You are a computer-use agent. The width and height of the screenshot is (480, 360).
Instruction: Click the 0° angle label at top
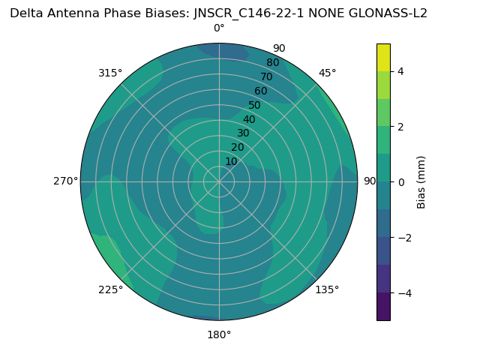(219, 28)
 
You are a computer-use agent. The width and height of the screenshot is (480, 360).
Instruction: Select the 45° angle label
(328, 73)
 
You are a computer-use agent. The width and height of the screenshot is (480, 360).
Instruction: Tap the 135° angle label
(327, 289)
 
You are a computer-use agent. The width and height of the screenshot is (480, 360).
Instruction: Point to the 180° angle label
(219, 334)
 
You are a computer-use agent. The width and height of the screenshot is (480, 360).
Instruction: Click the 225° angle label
(110, 289)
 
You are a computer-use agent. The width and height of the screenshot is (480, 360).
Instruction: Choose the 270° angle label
(65, 181)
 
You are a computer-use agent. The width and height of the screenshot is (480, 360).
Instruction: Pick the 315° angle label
(110, 73)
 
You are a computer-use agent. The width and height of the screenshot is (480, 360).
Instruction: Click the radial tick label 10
(231, 161)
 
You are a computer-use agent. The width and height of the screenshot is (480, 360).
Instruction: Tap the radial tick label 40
(249, 119)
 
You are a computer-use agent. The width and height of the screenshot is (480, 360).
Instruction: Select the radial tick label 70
(267, 76)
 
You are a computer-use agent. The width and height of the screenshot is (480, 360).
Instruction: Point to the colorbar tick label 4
(401, 71)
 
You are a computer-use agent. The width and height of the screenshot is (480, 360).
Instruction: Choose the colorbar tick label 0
(401, 182)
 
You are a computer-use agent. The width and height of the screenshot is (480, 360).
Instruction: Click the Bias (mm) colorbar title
(421, 182)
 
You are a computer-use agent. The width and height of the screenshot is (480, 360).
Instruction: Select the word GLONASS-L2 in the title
(390, 13)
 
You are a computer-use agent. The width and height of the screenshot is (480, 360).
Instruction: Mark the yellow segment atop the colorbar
(383, 57)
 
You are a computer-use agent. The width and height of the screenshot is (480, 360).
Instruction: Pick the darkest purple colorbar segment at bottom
(383, 307)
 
